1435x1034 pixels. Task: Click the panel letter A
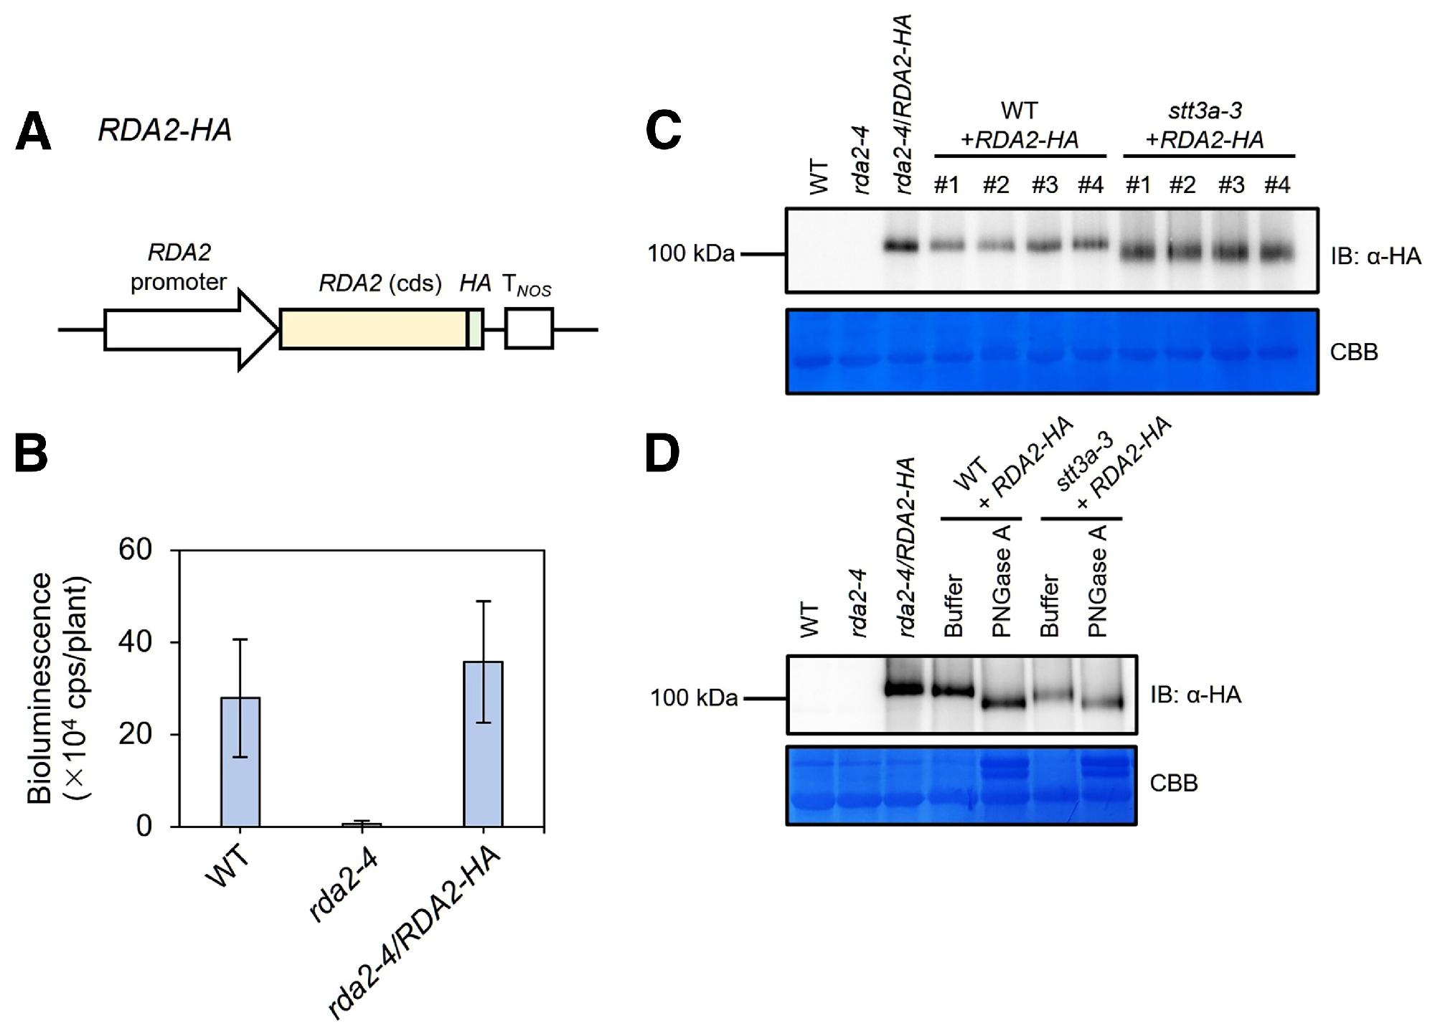point(33,133)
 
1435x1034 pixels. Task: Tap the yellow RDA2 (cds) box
point(373,329)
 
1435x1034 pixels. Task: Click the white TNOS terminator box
point(529,329)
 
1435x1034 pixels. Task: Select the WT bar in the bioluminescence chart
point(240,761)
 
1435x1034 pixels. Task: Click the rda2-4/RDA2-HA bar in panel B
point(483,743)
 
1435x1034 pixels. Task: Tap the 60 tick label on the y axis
point(136,550)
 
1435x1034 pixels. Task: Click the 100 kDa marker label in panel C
point(691,254)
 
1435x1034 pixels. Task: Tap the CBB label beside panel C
point(1354,352)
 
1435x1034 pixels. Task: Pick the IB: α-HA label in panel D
point(1195,695)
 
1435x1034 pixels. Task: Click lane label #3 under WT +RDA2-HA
point(1045,185)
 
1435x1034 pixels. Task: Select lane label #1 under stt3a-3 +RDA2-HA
point(1138,185)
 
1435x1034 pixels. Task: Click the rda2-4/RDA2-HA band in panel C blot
point(902,246)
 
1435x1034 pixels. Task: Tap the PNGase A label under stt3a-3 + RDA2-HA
point(1098,581)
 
